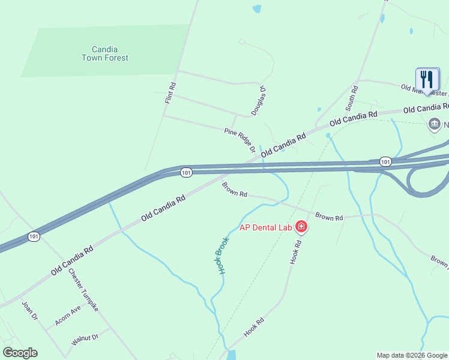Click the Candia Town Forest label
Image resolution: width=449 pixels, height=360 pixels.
106,53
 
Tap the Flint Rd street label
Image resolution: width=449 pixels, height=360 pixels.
170,95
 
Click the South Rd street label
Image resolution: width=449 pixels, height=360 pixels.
352,98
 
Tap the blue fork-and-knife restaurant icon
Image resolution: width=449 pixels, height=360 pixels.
427,79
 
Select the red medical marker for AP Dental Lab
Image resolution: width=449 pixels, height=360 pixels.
301,227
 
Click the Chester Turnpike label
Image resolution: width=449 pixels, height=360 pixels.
83,289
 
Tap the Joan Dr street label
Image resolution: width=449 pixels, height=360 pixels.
29,310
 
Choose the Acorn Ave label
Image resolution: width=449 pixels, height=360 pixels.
67,316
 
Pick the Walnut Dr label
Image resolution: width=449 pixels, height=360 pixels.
85,340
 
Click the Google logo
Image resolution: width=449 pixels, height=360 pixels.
20,353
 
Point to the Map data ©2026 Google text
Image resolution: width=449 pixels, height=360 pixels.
411,355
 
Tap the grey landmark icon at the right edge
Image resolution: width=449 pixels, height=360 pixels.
433,125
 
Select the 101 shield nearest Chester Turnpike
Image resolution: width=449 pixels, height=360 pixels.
34,237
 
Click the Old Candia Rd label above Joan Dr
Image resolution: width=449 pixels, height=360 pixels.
72,260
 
